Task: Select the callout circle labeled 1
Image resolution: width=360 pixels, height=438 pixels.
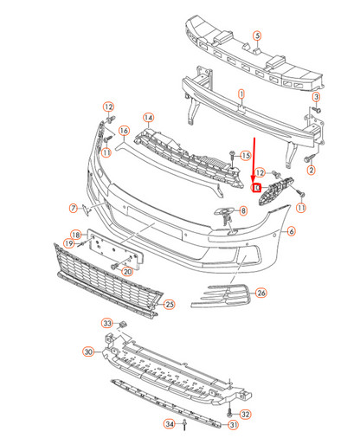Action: coord(241,93)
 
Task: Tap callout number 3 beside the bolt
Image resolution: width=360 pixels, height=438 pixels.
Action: coord(317,98)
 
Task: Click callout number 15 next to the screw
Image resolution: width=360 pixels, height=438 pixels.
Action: coord(245,156)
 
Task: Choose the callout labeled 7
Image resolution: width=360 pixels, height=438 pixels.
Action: coord(74,208)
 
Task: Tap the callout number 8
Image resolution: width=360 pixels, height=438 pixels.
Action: coord(242,209)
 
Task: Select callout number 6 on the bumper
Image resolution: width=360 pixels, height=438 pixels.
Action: coord(292,231)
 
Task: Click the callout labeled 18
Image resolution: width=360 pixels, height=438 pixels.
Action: coord(75,235)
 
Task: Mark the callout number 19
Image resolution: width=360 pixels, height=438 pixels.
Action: coord(67,245)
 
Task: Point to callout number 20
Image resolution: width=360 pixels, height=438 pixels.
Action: coord(127,271)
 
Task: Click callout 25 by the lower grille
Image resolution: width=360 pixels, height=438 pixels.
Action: coord(170,304)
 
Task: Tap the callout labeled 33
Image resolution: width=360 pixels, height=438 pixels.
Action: coord(108,323)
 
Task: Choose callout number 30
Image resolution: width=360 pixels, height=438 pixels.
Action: coord(87,351)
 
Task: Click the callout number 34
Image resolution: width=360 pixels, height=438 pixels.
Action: coord(170,424)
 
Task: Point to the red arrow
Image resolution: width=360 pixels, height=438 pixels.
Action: coord(254,156)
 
